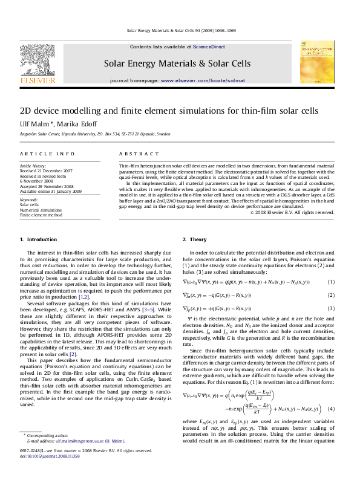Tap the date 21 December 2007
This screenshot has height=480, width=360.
pyautogui.click(x=57, y=170)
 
